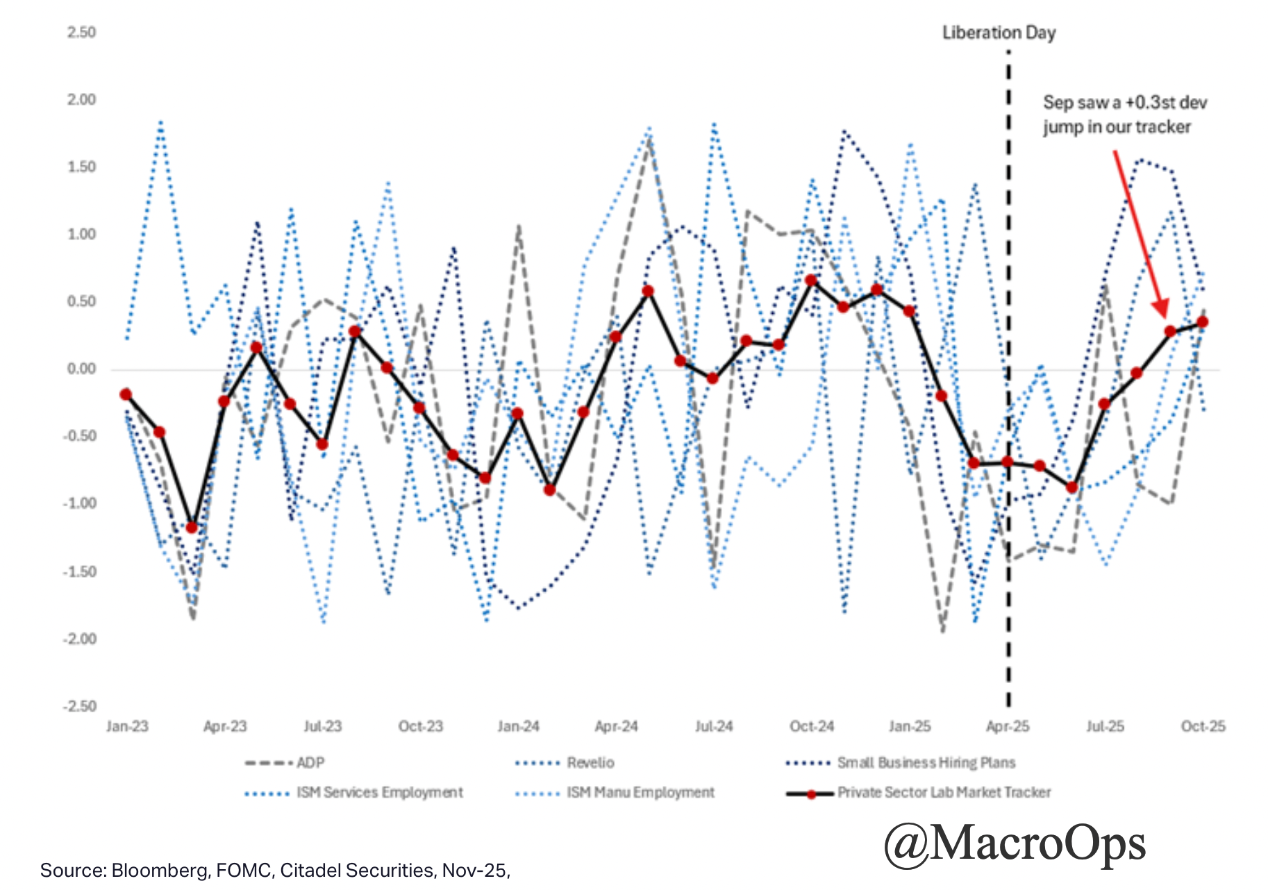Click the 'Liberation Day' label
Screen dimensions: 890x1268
click(x=999, y=33)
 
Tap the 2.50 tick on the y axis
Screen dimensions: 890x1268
click(x=81, y=33)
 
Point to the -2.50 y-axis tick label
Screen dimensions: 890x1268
click(x=79, y=706)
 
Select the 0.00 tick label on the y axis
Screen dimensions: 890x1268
click(x=81, y=369)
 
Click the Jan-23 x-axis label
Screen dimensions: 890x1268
click(x=127, y=726)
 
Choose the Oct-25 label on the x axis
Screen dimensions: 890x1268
click(x=1203, y=726)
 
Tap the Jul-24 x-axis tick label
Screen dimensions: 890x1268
click(x=714, y=726)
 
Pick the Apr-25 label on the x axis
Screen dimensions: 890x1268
click(x=1008, y=726)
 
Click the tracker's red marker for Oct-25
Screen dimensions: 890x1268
click(x=1203, y=322)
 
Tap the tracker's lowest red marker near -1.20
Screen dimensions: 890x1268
click(x=192, y=528)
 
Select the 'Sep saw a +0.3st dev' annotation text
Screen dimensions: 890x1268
click(x=1125, y=103)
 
